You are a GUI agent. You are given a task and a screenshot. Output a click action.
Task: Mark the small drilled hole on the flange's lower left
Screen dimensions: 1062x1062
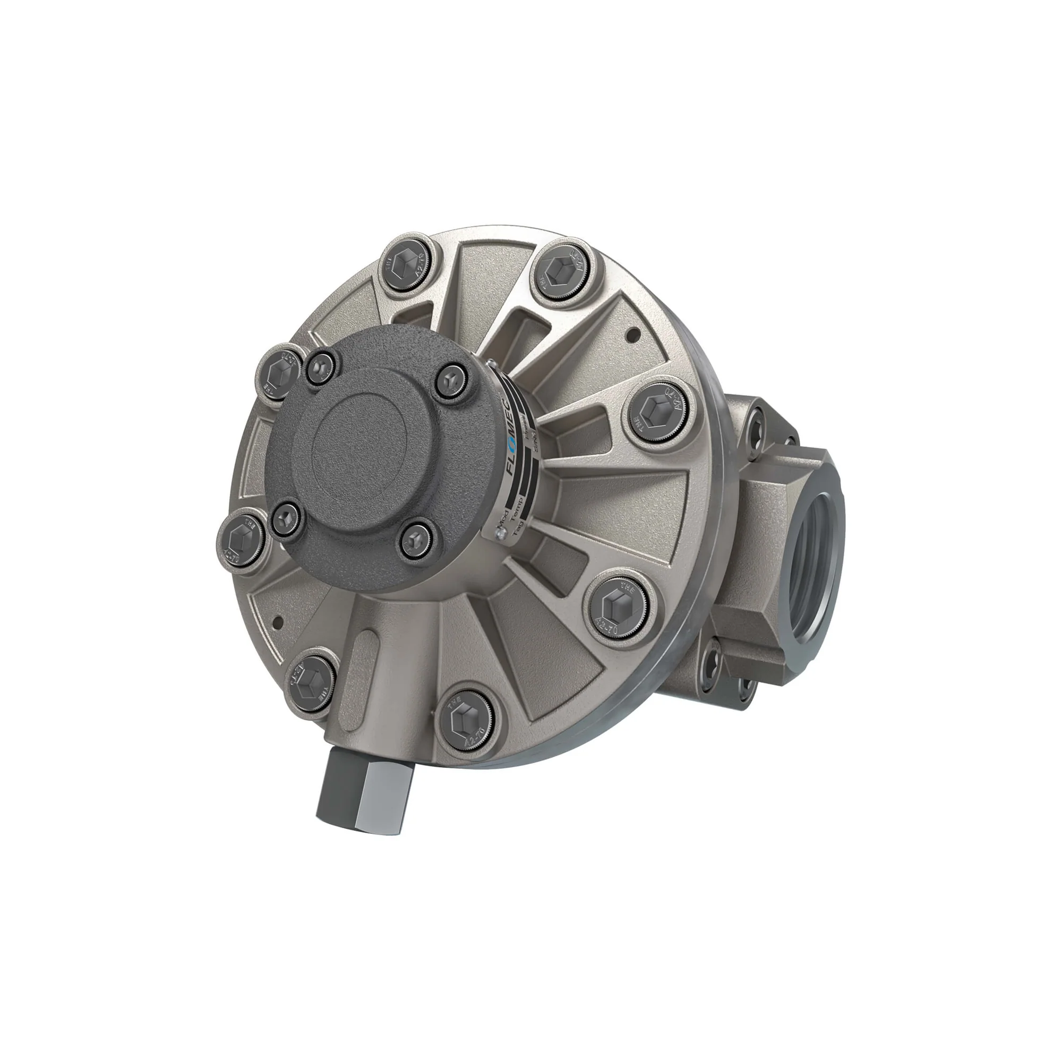278,621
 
